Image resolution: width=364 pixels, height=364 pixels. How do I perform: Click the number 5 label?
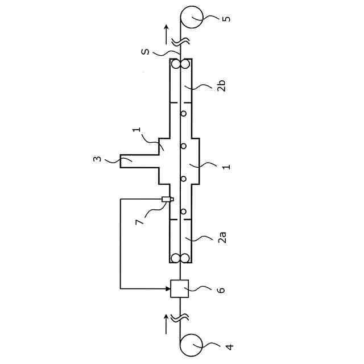pyautogui.click(x=226, y=18)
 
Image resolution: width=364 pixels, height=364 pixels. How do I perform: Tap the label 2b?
pyautogui.click(x=222, y=87)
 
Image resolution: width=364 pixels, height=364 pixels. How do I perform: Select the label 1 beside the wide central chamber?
pyautogui.click(x=226, y=167)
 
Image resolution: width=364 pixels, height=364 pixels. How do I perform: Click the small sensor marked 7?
pyautogui.click(x=167, y=199)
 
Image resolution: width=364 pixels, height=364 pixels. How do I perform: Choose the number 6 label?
pyautogui.click(x=222, y=290)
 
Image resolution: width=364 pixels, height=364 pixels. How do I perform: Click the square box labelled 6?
pyautogui.click(x=180, y=289)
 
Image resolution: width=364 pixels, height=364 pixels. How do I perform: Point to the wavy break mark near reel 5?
pyautogui.click(x=181, y=41)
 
